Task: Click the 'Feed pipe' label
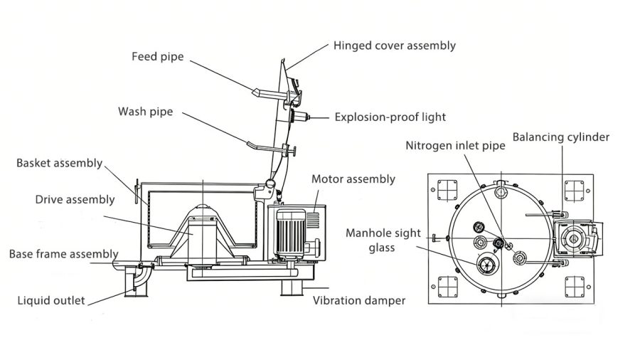157,56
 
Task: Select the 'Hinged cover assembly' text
394,46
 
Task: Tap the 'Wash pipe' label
145,112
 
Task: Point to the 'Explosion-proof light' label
390,117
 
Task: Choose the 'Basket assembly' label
59,163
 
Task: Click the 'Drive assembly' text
75,199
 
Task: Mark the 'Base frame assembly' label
63,254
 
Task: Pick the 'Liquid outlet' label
51,300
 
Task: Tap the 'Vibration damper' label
359,300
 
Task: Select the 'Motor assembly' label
353,179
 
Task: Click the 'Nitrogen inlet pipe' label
455,145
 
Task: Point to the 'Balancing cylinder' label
560,137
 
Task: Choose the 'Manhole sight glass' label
383,240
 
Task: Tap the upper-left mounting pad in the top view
446,190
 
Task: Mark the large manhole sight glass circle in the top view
487,265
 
